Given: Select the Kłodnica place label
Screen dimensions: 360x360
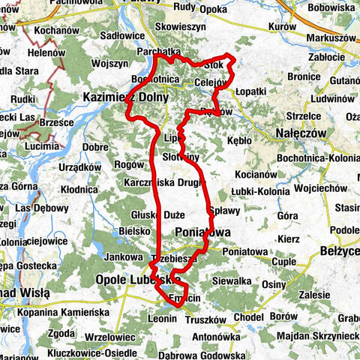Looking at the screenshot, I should coord(78,190).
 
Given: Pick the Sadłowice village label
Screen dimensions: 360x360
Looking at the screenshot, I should coord(121,35).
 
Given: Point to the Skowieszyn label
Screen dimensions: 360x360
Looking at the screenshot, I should coord(180,25).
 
